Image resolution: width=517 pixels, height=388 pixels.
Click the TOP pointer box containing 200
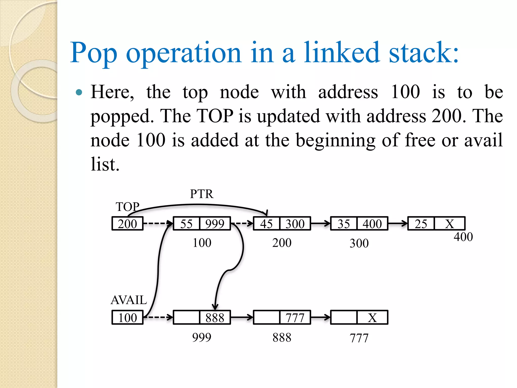coord(127,224)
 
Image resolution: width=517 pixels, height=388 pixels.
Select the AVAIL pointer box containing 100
coord(127,318)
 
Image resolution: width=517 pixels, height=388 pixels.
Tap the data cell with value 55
coord(186,224)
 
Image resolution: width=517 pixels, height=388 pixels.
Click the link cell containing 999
coord(215,224)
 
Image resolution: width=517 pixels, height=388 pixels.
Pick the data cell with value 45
coord(266,224)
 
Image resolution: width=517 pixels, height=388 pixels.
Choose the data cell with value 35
coord(344,224)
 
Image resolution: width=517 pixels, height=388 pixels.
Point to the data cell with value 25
coord(421,224)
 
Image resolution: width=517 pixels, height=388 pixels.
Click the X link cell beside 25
coord(449,224)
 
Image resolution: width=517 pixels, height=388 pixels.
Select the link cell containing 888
coord(215,318)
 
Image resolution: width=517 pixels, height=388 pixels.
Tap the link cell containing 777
coord(295,318)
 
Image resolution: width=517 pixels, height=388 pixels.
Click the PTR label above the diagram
coord(201,194)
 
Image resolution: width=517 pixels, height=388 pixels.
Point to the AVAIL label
coord(129,300)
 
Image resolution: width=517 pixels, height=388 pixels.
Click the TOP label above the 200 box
coord(127,207)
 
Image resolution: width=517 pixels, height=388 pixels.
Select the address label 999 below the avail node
coord(201,337)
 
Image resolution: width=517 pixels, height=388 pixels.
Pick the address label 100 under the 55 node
coord(202,243)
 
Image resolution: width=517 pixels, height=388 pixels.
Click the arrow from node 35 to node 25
coord(398,223)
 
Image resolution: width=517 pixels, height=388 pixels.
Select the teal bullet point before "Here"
coord(79,92)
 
